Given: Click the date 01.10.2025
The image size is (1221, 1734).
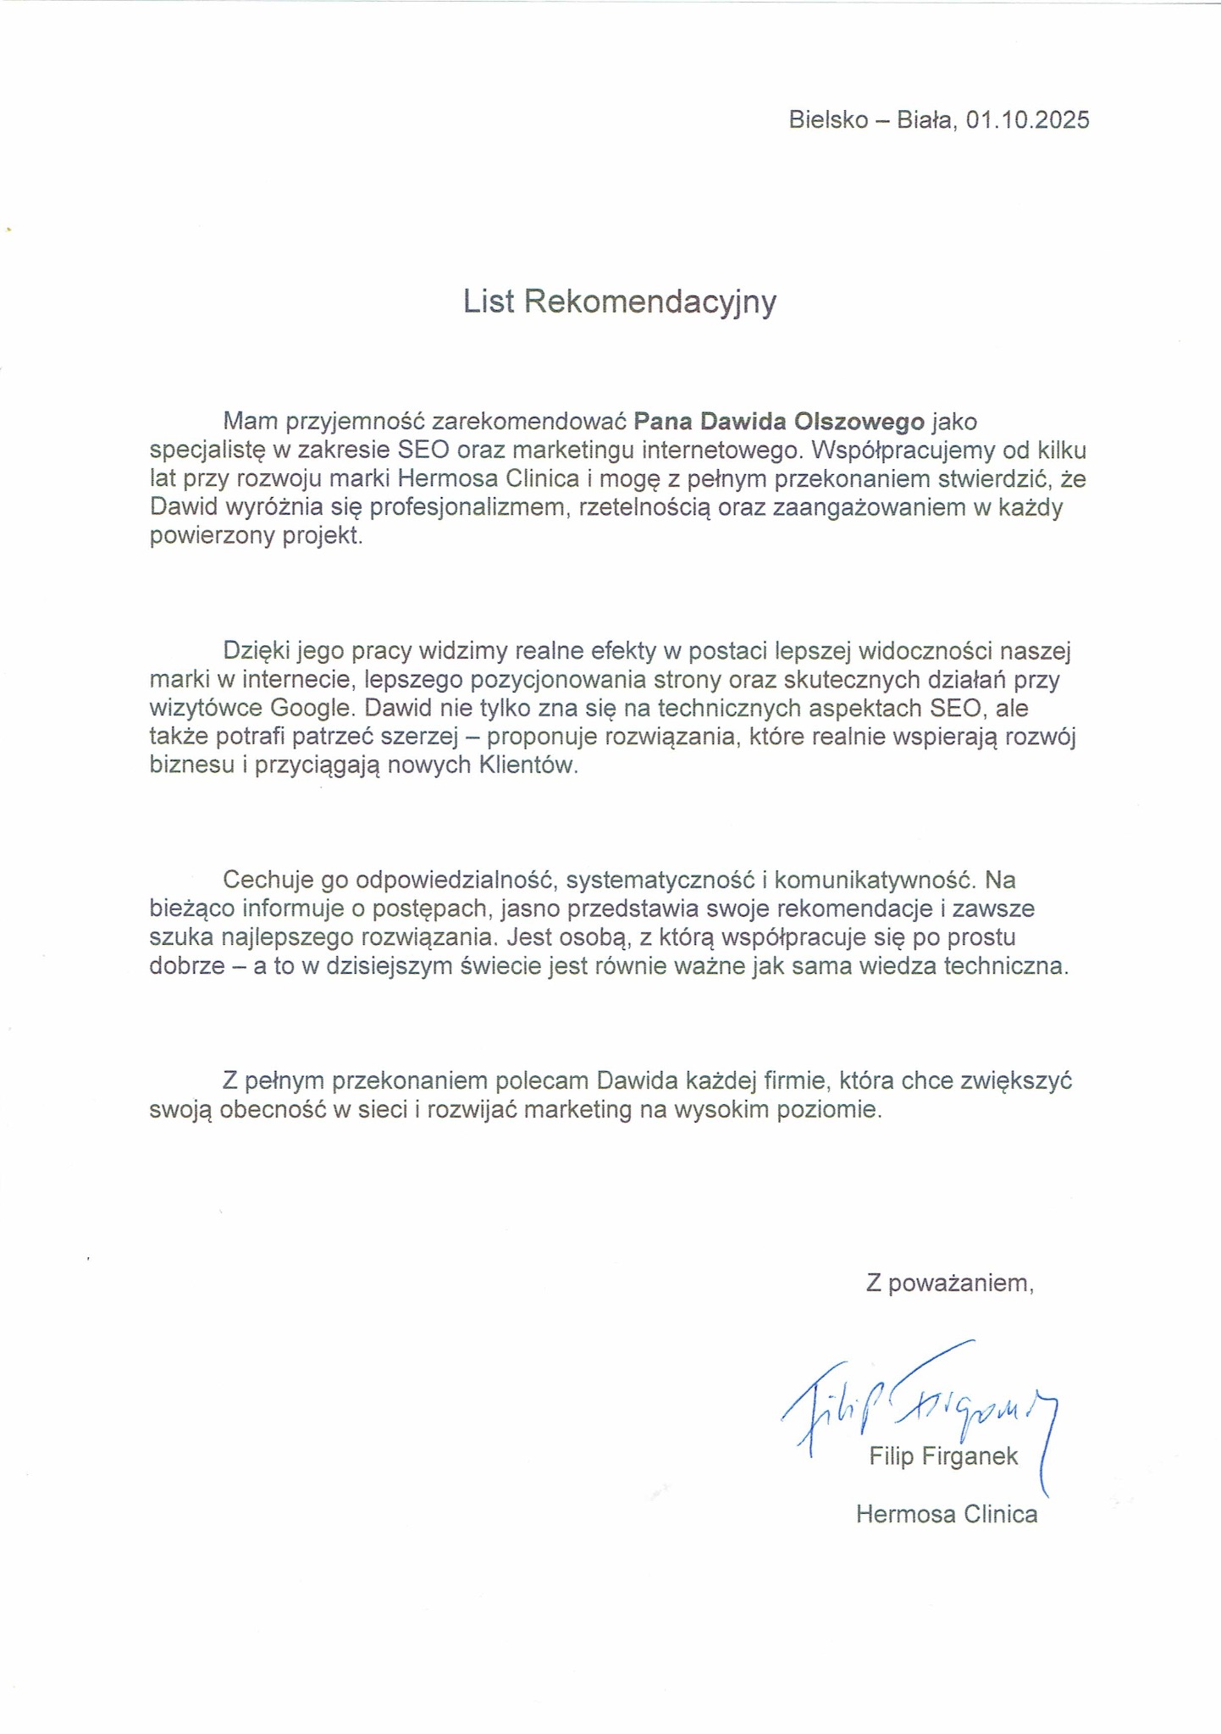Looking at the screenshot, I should (1027, 120).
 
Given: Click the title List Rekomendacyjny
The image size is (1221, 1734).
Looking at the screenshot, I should (619, 302).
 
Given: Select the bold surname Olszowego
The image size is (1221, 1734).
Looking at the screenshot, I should (859, 421).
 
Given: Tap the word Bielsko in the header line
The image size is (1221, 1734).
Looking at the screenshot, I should (828, 120).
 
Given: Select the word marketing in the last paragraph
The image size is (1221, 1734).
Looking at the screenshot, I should (577, 1110).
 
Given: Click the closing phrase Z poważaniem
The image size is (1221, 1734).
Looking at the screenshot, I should (949, 1284).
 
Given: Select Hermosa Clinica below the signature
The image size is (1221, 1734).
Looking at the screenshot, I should (946, 1514).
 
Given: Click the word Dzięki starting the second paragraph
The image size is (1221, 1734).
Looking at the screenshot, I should (257, 650).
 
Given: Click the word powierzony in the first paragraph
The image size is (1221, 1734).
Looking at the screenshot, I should (209, 536).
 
